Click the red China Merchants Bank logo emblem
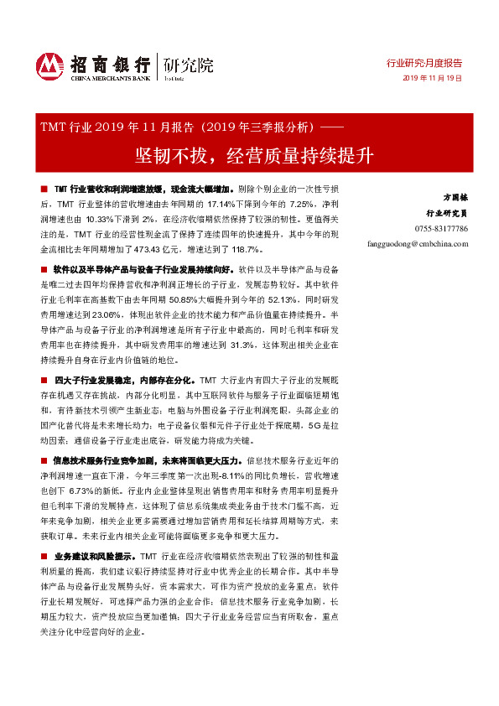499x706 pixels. pyautogui.click(x=49, y=65)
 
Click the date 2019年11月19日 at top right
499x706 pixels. pyautogui.click(x=433, y=77)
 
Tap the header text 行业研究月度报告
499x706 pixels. pyautogui.click(x=424, y=63)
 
